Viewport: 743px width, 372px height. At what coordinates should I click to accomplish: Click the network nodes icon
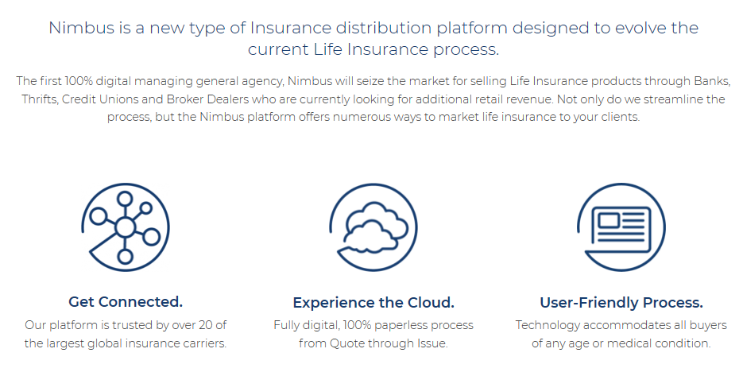point(125,227)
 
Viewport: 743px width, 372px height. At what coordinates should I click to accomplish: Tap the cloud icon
point(373,227)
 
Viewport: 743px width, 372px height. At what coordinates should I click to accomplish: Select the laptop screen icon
point(621,227)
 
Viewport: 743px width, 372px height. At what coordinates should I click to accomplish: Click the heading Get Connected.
point(126,301)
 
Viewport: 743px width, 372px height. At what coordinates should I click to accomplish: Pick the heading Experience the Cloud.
point(373,302)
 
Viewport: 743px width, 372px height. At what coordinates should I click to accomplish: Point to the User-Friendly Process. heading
point(621,302)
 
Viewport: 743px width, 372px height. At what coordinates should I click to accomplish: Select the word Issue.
point(432,343)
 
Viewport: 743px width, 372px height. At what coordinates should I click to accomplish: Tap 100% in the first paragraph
point(79,81)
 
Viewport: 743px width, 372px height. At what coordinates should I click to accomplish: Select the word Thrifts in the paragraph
point(39,99)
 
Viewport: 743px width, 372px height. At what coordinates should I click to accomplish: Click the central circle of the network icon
point(125,227)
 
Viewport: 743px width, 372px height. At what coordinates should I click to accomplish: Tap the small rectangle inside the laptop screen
point(609,220)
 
